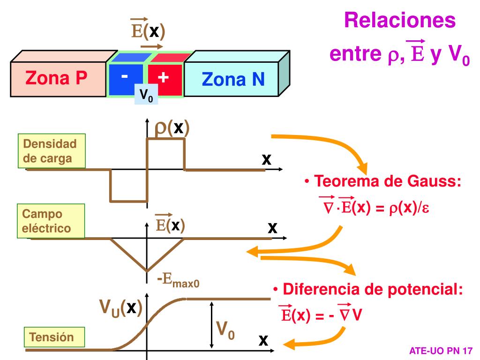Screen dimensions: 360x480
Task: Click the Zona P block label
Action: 56,77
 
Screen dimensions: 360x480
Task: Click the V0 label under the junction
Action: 146,96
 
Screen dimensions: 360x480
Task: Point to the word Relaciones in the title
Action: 400,21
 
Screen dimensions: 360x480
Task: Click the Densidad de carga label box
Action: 52,151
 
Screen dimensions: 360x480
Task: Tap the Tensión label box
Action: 52,337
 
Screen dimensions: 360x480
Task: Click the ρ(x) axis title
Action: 172,127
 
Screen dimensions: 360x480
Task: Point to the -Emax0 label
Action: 179,281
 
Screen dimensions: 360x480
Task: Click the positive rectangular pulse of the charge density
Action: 166,139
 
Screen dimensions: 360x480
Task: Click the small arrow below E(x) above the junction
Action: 152,46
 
